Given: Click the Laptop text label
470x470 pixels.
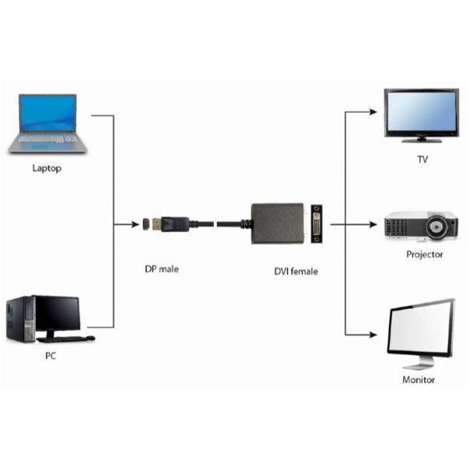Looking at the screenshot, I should click(x=47, y=167).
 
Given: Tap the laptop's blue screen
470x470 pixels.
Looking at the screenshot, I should click(x=48, y=113).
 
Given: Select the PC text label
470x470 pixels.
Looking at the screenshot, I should click(x=51, y=356).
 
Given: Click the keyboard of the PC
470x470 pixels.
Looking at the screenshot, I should click(x=66, y=339).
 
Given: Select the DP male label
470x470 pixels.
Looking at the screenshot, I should click(x=161, y=269).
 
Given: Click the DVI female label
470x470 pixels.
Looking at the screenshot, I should click(x=296, y=271).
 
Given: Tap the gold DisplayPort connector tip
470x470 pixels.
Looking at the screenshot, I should click(x=158, y=225).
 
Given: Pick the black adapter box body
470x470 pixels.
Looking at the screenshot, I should click(x=277, y=224).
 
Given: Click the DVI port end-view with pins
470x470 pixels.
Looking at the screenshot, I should click(x=317, y=224).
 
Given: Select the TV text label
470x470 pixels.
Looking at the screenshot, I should click(x=422, y=160).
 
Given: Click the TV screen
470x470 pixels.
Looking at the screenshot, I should click(x=421, y=113).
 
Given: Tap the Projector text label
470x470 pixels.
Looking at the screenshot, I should click(x=424, y=254).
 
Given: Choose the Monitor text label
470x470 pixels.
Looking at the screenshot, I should click(x=418, y=380).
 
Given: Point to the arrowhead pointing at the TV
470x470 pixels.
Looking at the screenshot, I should click(x=377, y=112).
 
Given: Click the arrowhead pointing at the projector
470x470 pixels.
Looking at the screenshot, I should click(x=377, y=225).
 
